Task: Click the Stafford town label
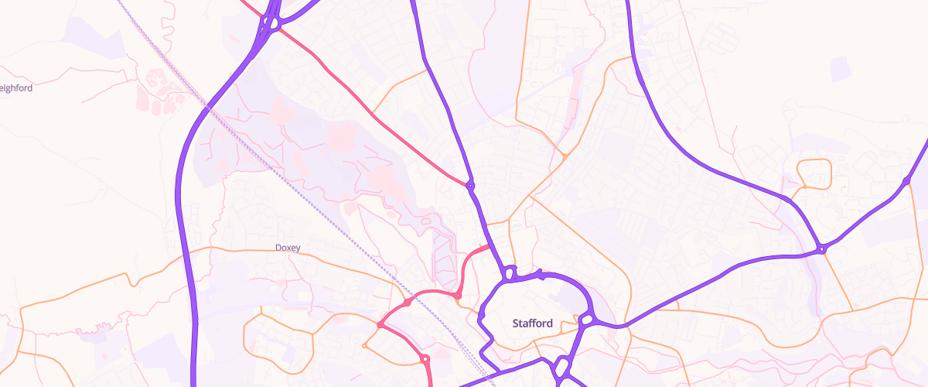pyautogui.click(x=533, y=324)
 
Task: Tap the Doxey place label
pyautogui.click(x=288, y=248)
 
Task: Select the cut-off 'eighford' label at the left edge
pyautogui.click(x=16, y=88)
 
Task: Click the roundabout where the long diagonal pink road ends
pyautogui.click(x=469, y=185)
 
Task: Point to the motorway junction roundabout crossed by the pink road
pyautogui.click(x=268, y=23)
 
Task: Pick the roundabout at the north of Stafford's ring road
pyautogui.click(x=509, y=272)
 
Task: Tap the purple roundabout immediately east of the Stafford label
pyautogui.click(x=586, y=319)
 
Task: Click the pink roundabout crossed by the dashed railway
pyautogui.click(x=408, y=303)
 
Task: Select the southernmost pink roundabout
pyautogui.click(x=425, y=358)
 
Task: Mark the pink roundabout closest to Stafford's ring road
pyautogui.click(x=458, y=295)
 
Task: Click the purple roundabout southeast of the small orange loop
pyautogui.click(x=822, y=249)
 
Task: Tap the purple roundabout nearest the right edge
pyautogui.click(x=906, y=181)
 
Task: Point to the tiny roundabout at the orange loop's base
pyautogui.click(x=804, y=187)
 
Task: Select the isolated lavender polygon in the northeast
pyautogui.click(x=841, y=68)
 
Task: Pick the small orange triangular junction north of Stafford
pyautogui.click(x=566, y=156)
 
